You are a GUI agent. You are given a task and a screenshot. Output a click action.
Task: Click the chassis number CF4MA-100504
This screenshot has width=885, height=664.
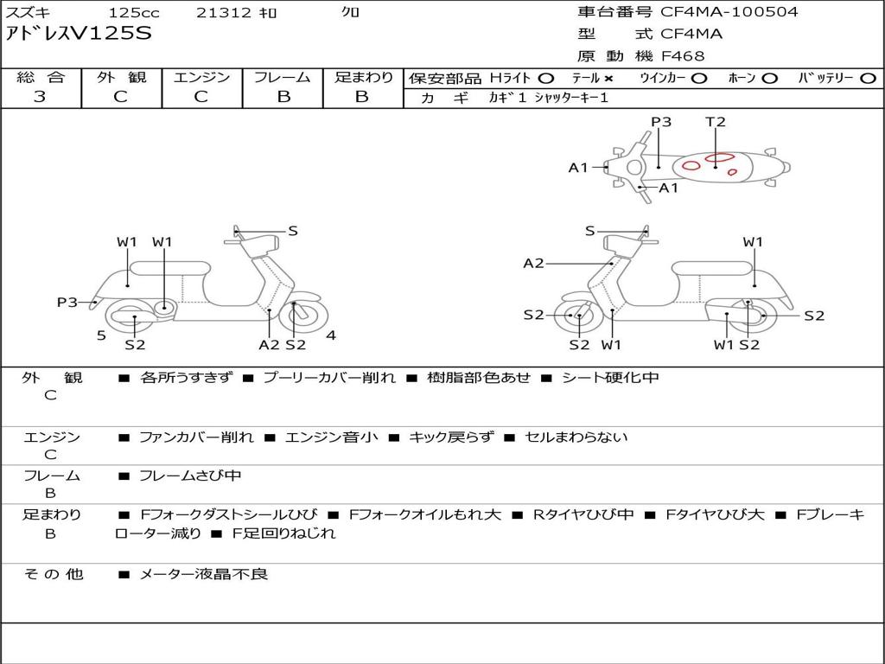point(729,12)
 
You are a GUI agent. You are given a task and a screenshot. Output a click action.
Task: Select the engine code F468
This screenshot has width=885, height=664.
point(683,56)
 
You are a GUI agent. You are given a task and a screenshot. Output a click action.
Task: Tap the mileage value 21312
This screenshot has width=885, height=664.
point(224,13)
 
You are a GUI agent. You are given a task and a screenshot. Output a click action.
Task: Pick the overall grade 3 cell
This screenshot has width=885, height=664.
point(40,97)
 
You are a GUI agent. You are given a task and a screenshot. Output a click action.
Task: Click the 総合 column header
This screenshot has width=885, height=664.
point(40,77)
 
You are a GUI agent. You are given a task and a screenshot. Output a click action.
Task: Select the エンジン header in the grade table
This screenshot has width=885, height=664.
point(201,77)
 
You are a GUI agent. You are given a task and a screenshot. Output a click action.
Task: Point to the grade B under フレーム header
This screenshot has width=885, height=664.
point(283,97)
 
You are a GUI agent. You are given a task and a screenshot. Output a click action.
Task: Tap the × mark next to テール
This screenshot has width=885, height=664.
point(608,78)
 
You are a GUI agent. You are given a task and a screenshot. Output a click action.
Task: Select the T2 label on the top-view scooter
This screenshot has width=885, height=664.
point(716,122)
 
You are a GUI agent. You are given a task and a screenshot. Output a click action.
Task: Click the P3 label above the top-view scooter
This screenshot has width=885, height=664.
point(661,122)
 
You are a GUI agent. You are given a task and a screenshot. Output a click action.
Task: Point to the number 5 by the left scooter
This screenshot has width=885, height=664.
point(101,335)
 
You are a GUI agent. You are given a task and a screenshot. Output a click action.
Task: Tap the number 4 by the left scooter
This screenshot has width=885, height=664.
point(330,335)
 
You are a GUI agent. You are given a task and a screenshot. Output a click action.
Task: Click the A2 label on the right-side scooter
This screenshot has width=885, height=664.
point(533,263)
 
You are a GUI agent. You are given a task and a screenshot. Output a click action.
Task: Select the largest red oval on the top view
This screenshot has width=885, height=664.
point(719,158)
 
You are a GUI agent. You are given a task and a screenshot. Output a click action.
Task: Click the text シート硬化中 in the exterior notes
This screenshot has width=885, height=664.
point(610,378)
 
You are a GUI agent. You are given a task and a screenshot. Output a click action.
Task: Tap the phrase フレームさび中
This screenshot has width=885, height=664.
point(190,476)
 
